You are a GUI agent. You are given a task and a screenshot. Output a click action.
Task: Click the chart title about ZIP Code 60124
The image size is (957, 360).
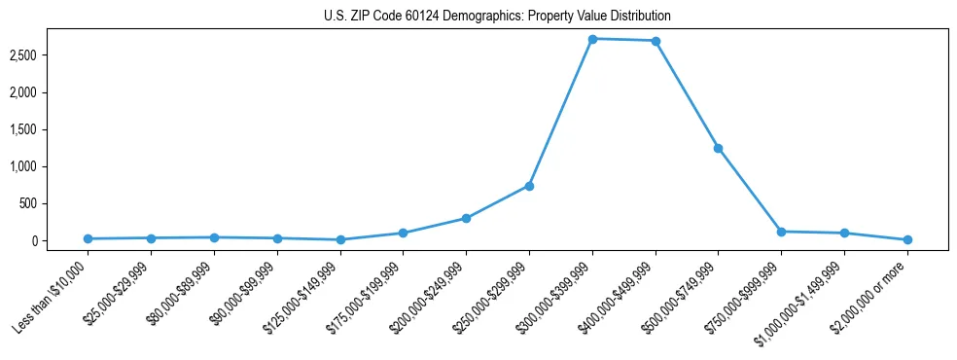tap(497, 17)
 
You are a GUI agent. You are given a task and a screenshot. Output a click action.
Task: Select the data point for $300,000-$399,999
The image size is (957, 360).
tap(592, 39)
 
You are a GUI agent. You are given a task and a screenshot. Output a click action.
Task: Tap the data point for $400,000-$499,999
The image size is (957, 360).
tap(656, 41)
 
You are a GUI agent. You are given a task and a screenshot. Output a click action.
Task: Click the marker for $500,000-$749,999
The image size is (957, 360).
tap(718, 148)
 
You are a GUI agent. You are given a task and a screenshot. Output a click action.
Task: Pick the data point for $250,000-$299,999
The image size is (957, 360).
tap(529, 186)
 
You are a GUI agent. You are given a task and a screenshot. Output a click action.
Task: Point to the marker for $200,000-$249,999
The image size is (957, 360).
tap(466, 218)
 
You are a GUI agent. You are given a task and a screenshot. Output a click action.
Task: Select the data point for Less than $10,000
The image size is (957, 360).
tap(89, 238)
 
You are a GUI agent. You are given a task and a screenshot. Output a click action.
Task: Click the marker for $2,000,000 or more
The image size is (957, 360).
tap(906, 239)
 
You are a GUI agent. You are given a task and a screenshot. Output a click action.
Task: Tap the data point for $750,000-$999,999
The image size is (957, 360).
tap(781, 232)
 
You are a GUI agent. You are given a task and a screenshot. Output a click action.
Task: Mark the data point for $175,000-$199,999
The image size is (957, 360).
tap(403, 233)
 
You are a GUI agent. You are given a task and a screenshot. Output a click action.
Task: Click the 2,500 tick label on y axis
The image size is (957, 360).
tap(49, 55)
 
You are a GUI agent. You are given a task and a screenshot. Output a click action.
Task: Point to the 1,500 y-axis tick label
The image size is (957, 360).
tap(49, 129)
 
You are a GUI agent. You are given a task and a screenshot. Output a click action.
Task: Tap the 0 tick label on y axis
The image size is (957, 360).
tap(59, 240)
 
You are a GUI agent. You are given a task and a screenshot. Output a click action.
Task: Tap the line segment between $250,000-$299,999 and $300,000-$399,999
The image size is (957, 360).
tap(561, 112)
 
